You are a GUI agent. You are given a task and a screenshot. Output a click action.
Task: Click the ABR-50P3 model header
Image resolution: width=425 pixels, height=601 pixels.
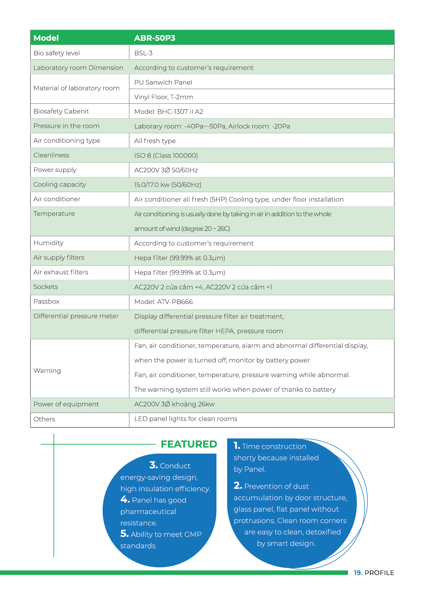point(154,38)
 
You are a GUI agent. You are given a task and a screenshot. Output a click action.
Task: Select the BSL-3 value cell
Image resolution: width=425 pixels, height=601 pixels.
point(143,53)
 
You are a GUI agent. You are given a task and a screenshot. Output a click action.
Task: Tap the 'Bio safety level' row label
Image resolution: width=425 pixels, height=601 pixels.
point(57,53)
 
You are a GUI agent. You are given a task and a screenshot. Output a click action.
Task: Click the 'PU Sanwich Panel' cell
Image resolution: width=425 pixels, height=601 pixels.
point(163,82)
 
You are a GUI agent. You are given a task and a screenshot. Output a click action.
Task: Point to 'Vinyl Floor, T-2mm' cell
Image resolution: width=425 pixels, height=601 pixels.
point(163,97)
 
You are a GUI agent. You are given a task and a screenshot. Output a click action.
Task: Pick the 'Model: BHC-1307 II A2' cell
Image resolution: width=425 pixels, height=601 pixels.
point(168,112)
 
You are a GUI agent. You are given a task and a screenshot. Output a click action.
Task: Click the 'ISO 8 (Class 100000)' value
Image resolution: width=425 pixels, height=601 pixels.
point(166,155)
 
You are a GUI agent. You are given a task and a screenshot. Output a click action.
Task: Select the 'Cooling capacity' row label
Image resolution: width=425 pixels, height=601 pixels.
point(60,185)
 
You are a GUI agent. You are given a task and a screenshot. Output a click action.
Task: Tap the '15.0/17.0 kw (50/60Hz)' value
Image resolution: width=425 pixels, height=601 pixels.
point(167,185)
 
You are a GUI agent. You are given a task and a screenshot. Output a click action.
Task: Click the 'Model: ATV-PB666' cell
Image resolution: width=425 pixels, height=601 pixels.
point(163,302)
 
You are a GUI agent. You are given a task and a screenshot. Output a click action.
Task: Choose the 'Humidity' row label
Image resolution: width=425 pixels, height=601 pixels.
point(48,243)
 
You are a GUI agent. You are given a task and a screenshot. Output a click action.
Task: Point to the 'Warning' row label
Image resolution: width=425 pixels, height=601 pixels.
point(47,371)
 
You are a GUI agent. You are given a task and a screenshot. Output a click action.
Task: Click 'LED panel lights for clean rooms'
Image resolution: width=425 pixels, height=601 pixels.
point(186,419)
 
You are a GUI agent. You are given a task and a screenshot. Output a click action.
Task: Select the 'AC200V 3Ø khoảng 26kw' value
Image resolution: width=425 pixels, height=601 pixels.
point(174,404)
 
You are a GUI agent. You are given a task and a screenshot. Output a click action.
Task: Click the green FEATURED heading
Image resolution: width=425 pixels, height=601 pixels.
point(189,444)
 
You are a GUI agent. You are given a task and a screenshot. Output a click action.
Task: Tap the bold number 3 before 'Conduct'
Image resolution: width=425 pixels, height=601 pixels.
point(153,465)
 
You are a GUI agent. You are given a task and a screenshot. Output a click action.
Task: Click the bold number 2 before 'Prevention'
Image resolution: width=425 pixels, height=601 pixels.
point(238,486)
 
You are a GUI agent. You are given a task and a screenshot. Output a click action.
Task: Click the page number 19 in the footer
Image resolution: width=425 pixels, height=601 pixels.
point(358,573)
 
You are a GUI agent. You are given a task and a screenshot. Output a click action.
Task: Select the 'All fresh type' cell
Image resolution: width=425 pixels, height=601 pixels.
point(155,141)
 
